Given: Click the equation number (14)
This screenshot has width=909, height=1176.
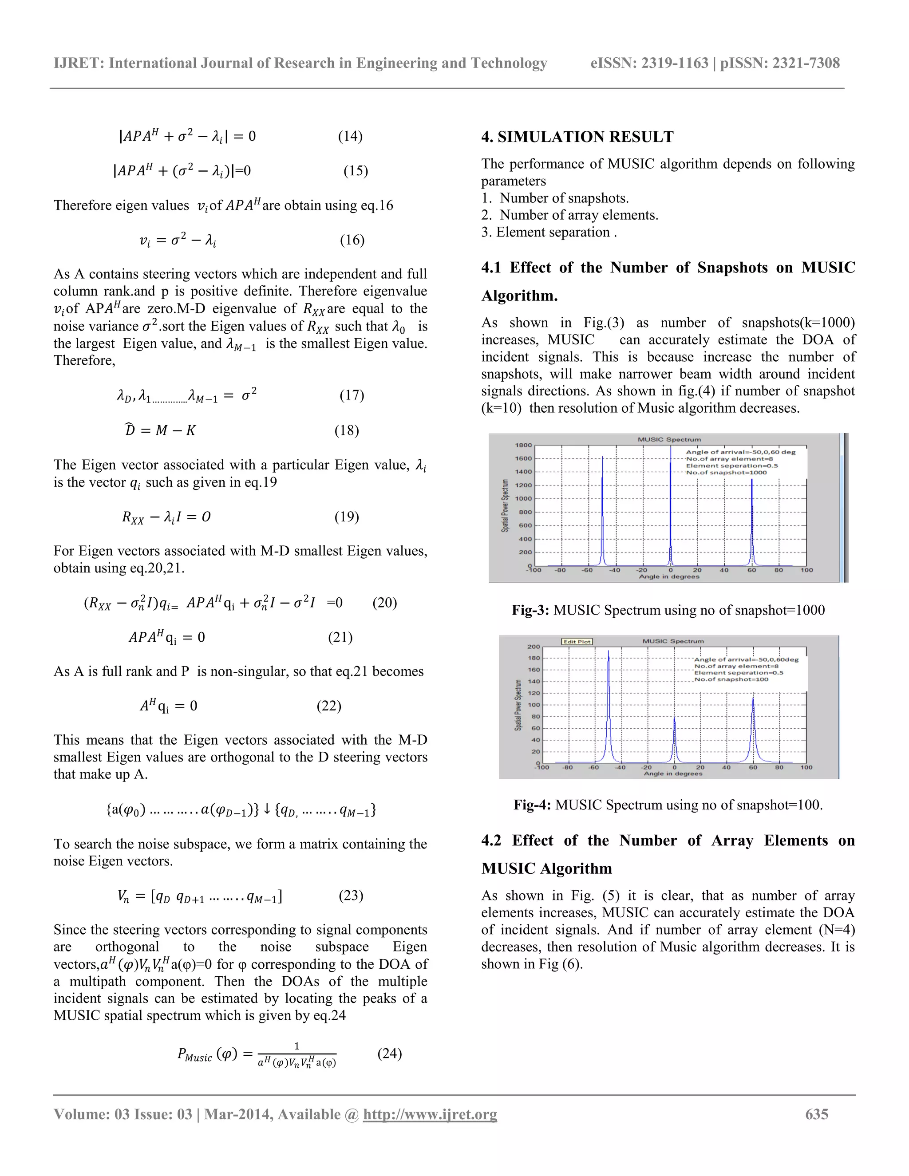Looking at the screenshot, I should point(350,136).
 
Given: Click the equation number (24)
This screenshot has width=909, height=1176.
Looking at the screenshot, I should point(389,1053).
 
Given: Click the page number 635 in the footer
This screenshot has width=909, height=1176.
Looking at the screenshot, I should point(816,1114).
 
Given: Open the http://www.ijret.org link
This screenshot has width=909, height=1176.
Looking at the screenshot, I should point(430,1114).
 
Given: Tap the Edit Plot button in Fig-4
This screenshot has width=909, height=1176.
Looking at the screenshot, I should point(577,641).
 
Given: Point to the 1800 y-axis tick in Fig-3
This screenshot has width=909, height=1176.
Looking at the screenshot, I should point(523,445).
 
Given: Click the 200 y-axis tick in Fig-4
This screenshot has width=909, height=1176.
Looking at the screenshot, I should point(533,647).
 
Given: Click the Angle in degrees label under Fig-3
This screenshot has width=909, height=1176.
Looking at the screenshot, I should point(669,577).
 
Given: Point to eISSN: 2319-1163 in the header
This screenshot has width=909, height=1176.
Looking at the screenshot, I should point(649,63).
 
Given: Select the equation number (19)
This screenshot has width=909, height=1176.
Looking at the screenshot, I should point(346,517).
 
